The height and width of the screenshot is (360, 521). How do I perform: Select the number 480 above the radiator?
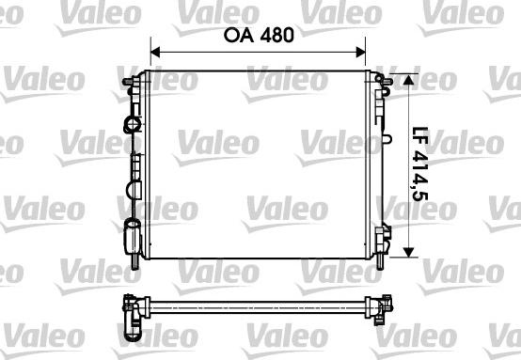276,36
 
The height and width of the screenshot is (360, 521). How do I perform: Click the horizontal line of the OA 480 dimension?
259,53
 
